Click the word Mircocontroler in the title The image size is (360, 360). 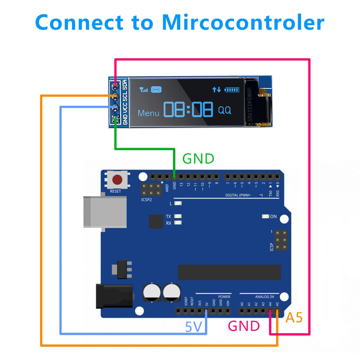pos(243,22)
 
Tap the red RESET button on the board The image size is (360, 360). pos(117,180)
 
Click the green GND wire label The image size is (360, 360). pos(198,158)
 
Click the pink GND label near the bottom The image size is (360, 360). pos(244,326)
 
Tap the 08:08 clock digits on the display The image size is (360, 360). pos(188,110)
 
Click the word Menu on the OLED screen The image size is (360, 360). pos(148,113)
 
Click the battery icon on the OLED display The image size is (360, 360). pos(232,90)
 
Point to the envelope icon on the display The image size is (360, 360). pos(156,89)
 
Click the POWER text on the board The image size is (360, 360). pos(224,297)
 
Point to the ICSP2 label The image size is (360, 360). pos(147,199)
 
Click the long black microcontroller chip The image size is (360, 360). pos(229,272)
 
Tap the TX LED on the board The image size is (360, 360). pos(168,216)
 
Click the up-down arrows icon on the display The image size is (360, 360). pos(217,90)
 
